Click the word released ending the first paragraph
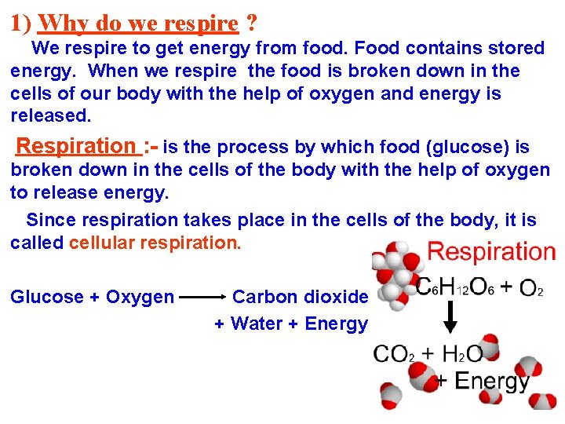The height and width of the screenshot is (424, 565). [50, 116]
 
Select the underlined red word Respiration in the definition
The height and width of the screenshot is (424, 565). [75, 146]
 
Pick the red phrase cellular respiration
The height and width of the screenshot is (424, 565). [155, 243]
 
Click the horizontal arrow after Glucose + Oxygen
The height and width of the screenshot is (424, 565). [203, 298]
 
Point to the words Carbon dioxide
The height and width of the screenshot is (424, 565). [300, 297]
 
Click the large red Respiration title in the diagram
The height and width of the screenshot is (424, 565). [491, 252]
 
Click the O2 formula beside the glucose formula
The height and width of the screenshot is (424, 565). [531, 288]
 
